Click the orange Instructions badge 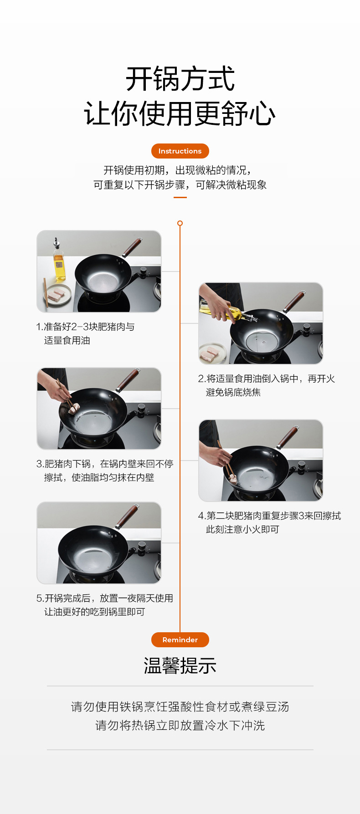pyautogui.click(x=180, y=151)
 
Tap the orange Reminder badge pyautogui.click(x=180, y=640)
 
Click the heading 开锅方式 pyautogui.click(x=180, y=79)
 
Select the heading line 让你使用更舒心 pyautogui.click(x=180, y=113)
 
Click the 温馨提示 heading pyautogui.click(x=180, y=666)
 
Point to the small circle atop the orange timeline pyautogui.click(x=180, y=223)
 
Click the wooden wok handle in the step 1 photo pyautogui.click(x=131, y=248)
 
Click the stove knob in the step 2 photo pyautogui.click(x=307, y=328)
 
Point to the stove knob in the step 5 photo pyautogui.click(x=142, y=546)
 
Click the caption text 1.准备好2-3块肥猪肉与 pyautogui.click(x=85, y=327)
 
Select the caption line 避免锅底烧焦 pyautogui.click(x=233, y=392)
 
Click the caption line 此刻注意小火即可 pyautogui.click(x=242, y=529)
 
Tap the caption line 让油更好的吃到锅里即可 pyautogui.click(x=94, y=612)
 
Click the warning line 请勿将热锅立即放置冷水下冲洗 pyautogui.click(x=180, y=725)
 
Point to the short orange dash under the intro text pyautogui.click(x=180, y=197)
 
